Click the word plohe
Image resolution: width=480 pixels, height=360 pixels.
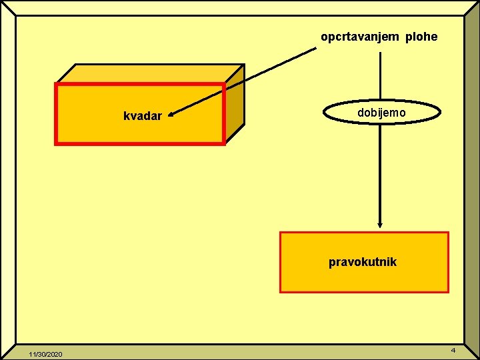(421, 37)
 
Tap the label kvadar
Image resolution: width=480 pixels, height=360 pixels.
(143, 116)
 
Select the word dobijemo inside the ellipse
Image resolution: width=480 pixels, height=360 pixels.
(381, 113)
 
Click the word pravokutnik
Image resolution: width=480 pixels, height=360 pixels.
(363, 262)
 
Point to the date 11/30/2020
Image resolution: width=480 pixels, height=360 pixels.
(45, 353)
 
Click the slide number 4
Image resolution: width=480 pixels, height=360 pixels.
(453, 350)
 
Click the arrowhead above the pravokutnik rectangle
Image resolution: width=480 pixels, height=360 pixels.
(380, 225)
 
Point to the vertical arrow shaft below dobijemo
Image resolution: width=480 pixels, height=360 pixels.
(380, 173)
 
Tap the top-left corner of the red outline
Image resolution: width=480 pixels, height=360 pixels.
(56, 85)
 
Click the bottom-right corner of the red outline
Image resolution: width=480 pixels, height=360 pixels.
(223, 143)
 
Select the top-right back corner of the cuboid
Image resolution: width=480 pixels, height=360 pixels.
(244, 65)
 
